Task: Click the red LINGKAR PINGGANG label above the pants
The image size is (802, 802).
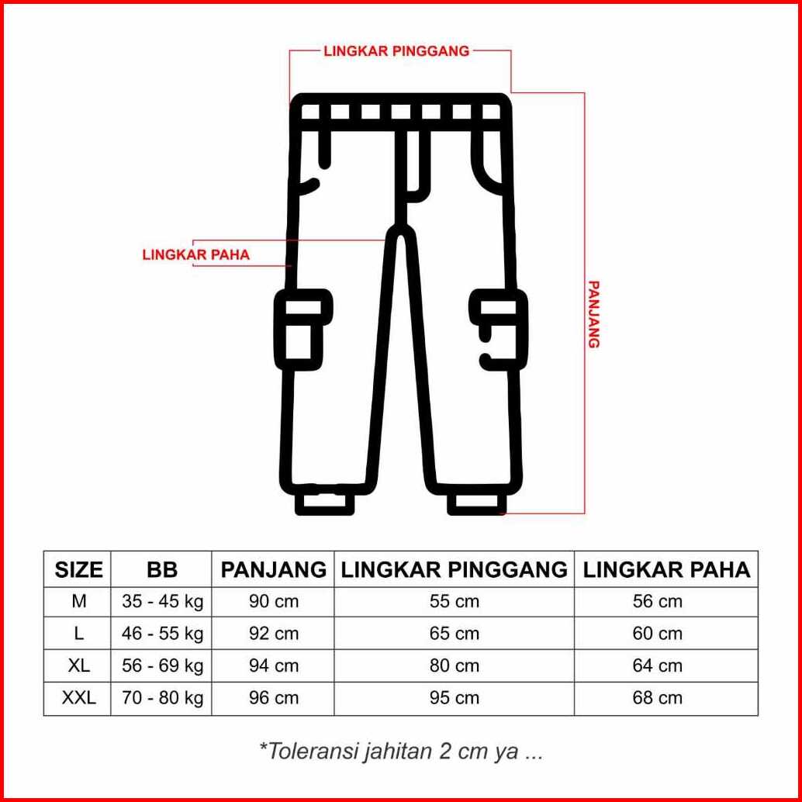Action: [x=396, y=51]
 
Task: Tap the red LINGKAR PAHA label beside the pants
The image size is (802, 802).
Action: [x=196, y=254]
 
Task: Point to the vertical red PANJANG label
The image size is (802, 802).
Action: [x=593, y=314]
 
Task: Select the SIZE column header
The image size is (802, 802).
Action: [x=79, y=570]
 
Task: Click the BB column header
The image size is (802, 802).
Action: [x=162, y=570]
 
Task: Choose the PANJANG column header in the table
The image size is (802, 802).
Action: [x=274, y=570]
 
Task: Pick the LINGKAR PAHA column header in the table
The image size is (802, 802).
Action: [x=667, y=570]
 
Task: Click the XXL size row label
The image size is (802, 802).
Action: [x=79, y=697]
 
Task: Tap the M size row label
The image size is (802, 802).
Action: [x=79, y=602]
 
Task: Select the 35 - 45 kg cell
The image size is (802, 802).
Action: [x=163, y=602]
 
